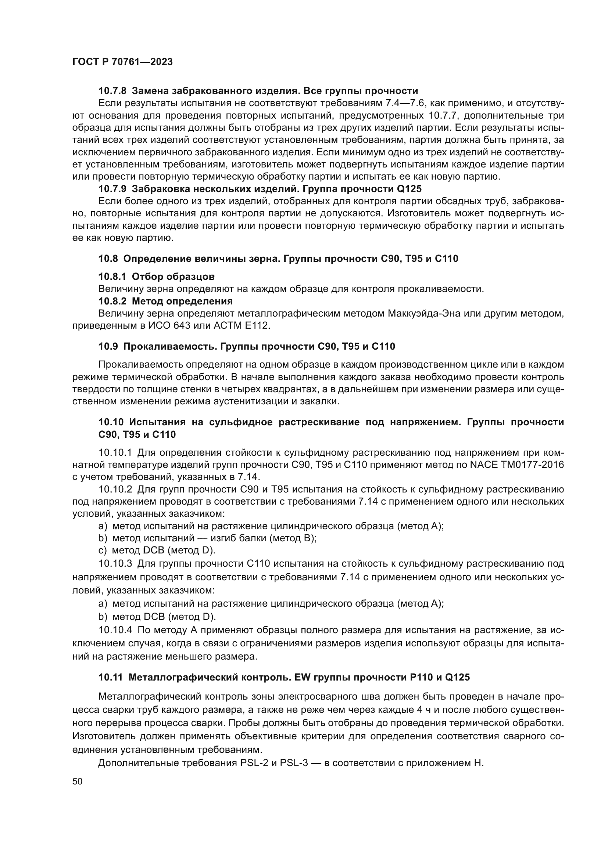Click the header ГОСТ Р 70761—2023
122,62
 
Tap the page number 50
78,781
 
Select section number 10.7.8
112,91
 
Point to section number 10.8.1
112,277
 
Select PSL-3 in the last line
292,763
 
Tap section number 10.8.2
112,301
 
